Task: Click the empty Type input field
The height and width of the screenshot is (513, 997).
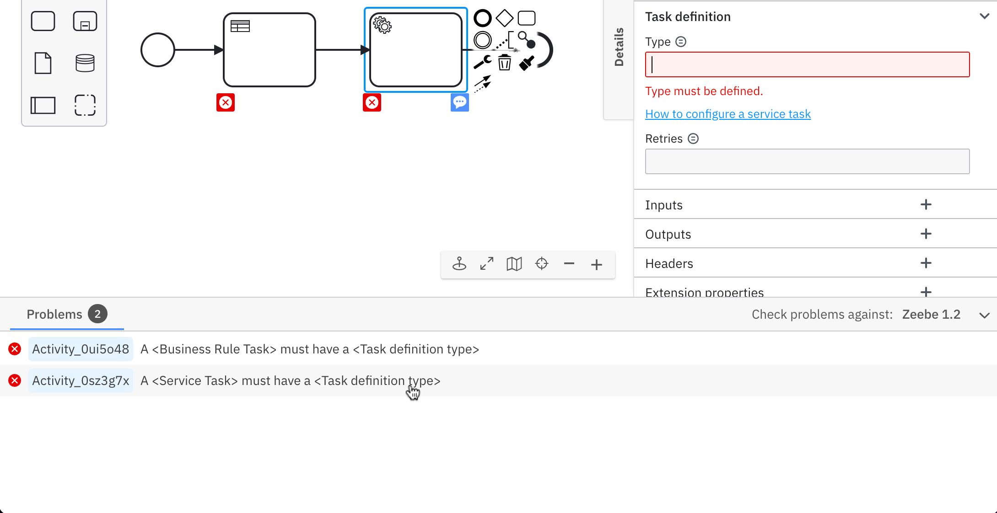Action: click(807, 64)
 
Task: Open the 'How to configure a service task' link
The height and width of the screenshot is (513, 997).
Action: click(728, 114)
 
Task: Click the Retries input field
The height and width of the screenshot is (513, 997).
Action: click(807, 161)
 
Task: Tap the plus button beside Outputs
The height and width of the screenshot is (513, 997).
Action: click(926, 234)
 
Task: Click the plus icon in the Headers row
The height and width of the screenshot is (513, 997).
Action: click(926, 263)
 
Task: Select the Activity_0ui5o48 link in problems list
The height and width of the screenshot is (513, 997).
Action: click(81, 349)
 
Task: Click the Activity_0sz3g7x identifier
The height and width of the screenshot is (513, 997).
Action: click(81, 381)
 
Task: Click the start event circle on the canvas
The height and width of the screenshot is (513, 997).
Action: click(158, 50)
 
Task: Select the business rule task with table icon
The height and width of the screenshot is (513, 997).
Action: click(269, 50)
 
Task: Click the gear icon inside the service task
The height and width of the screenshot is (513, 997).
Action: click(382, 25)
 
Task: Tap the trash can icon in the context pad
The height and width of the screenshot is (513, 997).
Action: click(504, 62)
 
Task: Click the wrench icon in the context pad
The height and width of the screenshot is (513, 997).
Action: click(482, 62)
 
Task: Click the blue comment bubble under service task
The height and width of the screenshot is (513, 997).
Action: click(459, 102)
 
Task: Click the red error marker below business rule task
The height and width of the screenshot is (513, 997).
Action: click(226, 102)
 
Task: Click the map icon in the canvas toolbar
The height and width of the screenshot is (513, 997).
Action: click(514, 264)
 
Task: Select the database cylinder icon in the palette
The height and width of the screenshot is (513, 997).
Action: click(85, 63)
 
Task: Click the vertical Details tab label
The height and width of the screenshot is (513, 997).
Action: click(619, 47)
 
